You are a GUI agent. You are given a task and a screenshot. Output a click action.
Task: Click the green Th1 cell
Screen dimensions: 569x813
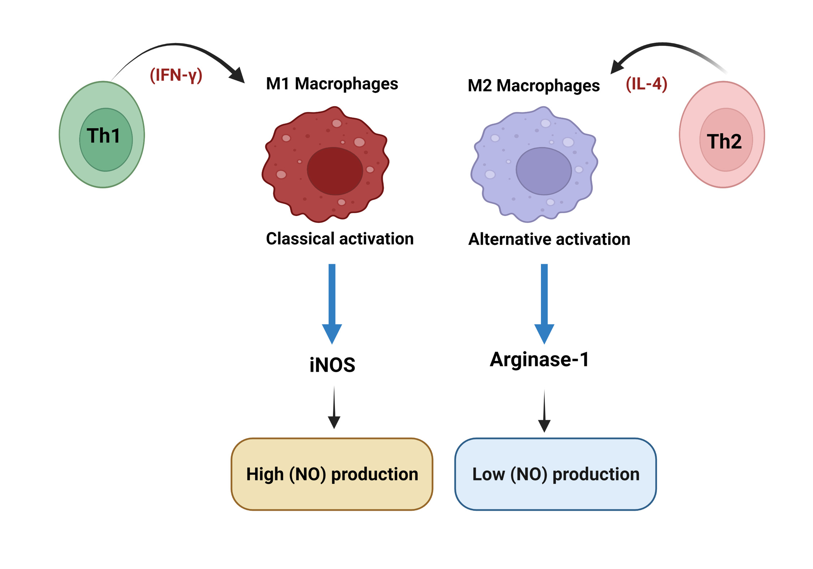click(x=102, y=134)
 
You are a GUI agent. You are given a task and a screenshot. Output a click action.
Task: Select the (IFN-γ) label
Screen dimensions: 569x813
click(x=176, y=75)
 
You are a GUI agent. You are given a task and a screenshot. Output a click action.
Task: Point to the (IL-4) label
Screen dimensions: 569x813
click(x=646, y=84)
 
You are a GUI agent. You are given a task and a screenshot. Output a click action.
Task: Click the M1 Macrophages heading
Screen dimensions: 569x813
click(x=332, y=84)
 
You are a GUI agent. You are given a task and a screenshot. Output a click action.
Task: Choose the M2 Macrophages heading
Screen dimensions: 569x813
click(x=533, y=86)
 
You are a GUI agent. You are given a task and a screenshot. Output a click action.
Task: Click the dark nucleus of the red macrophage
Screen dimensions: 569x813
click(x=335, y=171)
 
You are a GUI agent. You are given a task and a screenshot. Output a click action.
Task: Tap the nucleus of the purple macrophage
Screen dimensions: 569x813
click(x=543, y=171)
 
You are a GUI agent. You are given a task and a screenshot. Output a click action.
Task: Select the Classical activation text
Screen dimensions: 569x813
click(x=340, y=239)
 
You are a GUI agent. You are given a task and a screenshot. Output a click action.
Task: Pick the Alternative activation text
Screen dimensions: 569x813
click(x=549, y=239)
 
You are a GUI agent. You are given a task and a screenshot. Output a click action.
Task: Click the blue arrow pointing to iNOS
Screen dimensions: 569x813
click(x=332, y=303)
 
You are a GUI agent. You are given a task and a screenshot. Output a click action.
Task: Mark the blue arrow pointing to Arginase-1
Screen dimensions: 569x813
click(x=544, y=303)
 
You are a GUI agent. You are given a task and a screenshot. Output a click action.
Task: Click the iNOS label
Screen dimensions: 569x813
click(x=332, y=365)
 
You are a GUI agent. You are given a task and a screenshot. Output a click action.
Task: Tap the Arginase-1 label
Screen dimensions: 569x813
click(x=539, y=359)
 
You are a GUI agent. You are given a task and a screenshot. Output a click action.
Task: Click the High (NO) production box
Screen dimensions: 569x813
click(x=332, y=474)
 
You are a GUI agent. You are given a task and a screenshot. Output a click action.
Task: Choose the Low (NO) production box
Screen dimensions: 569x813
click(x=555, y=474)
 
